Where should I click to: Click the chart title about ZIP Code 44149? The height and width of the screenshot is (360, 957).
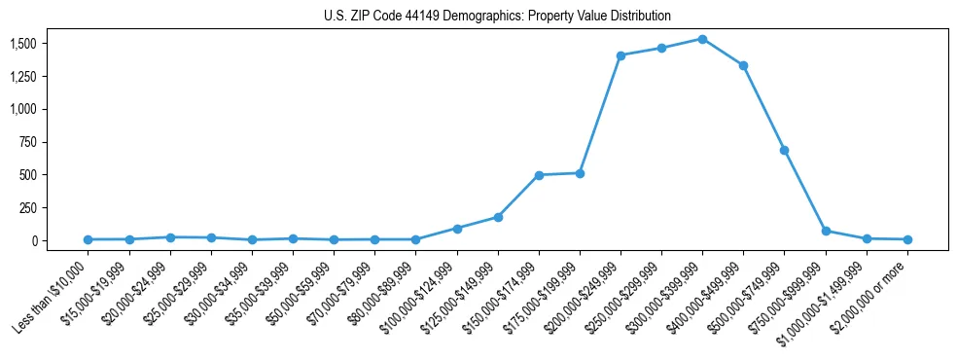(497, 17)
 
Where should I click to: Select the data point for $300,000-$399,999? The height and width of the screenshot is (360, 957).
(702, 39)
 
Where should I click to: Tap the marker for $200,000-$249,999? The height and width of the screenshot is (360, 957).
(620, 55)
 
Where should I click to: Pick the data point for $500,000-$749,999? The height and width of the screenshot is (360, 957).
(784, 151)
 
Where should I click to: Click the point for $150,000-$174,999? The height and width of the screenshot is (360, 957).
(539, 175)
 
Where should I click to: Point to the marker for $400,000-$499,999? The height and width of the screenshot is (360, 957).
(743, 65)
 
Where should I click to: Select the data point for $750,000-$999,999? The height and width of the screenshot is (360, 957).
(826, 232)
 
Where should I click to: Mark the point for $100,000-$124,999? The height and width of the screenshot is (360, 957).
(457, 229)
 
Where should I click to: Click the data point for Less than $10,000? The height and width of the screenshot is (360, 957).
(89, 239)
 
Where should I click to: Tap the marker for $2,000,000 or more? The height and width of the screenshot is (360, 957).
(907, 239)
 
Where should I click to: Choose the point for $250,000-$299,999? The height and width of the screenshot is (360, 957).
(661, 48)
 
